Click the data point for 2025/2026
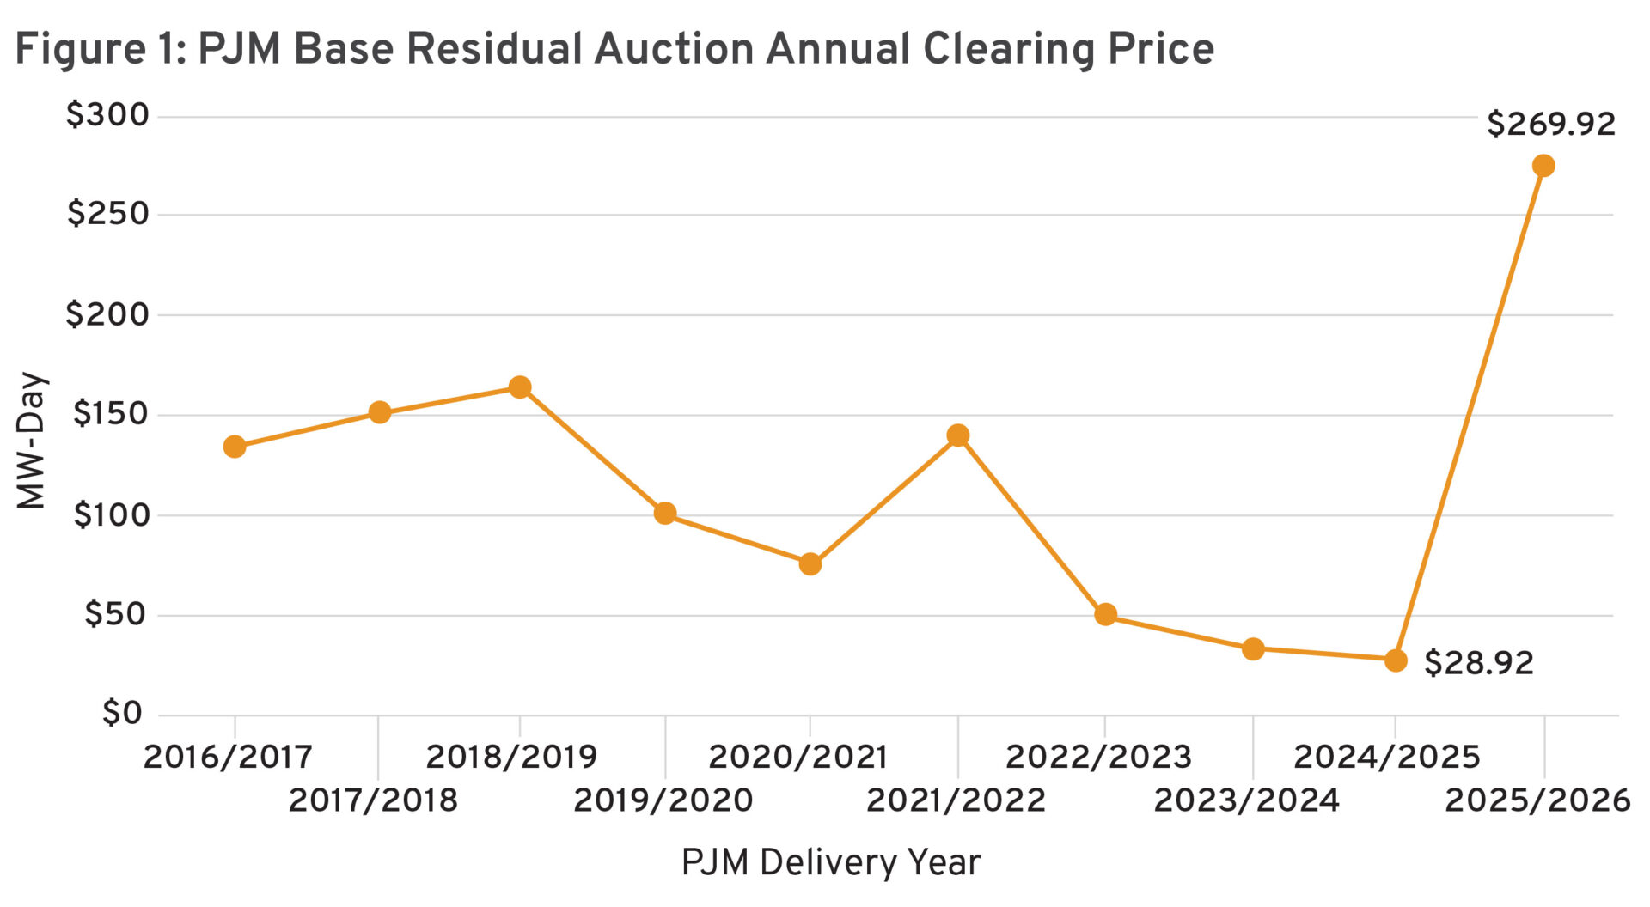click(1543, 166)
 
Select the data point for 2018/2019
click(519, 387)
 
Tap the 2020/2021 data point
click(810, 564)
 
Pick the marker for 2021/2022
click(958, 435)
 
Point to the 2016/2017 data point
click(235, 447)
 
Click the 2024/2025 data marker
click(1396, 660)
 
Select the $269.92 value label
click(1551, 125)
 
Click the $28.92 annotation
click(1478, 663)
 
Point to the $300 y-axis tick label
click(107, 115)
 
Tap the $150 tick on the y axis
click(110, 414)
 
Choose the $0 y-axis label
click(121, 713)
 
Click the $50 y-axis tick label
click(115, 614)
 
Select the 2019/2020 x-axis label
click(663, 800)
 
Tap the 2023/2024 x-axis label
click(1246, 800)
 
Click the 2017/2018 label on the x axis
click(373, 800)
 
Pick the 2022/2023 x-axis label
click(1098, 757)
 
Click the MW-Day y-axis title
click(32, 440)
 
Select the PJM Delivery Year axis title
click(830, 862)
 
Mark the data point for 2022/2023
click(1106, 615)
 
